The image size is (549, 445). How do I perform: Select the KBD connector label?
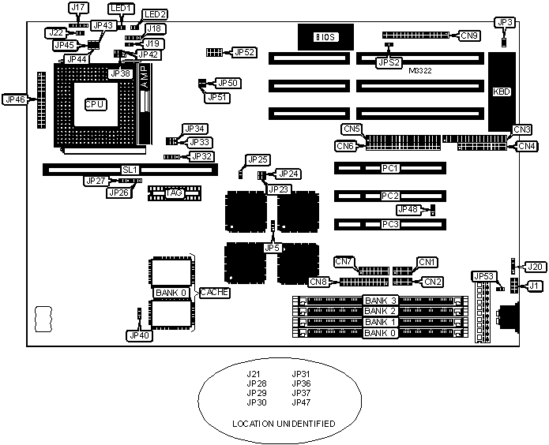[502, 92]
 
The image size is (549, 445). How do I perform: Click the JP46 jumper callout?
[16, 99]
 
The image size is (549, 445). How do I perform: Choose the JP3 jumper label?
[504, 23]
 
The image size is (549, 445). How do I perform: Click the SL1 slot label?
[130, 170]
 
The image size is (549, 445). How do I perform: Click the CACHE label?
[215, 293]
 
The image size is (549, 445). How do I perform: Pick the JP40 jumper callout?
[138, 335]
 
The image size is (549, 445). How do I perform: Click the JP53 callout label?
[483, 276]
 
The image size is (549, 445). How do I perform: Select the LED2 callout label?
[155, 14]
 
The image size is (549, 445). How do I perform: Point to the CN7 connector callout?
[344, 261]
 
